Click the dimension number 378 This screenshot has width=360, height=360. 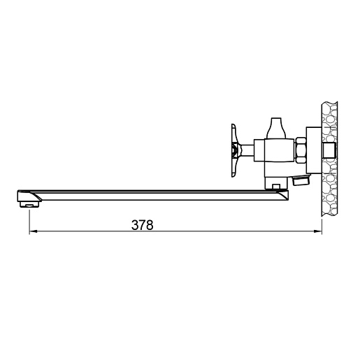tap(143, 225)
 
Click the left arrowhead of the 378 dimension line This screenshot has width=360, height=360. tap(33, 231)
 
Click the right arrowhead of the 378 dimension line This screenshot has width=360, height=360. tap(318, 231)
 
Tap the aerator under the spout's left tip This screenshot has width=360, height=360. tap(29, 205)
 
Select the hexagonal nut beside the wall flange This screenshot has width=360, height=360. tap(301, 150)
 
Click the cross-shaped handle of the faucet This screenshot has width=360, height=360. tap(235, 150)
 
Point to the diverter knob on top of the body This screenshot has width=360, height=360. tap(276, 128)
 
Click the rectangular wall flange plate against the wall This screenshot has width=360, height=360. tap(314, 150)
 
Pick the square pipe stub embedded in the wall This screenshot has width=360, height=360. tap(329, 150)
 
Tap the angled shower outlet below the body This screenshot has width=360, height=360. tap(301, 180)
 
